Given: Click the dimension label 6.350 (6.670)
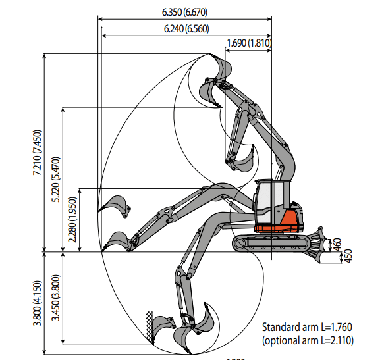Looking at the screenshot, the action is (184, 13).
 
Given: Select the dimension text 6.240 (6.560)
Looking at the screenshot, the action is (186, 29).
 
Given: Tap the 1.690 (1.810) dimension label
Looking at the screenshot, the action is (249, 43).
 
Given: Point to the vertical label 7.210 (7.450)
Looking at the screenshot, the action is (38, 152).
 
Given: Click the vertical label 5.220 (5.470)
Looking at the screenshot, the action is (56, 179).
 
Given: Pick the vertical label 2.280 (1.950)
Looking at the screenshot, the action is (72, 219).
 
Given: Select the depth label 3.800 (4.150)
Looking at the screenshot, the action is (38, 303).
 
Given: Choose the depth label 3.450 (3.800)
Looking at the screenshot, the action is (56, 297).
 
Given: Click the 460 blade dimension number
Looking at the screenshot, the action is (337, 245).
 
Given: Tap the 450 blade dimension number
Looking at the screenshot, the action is (348, 256).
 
